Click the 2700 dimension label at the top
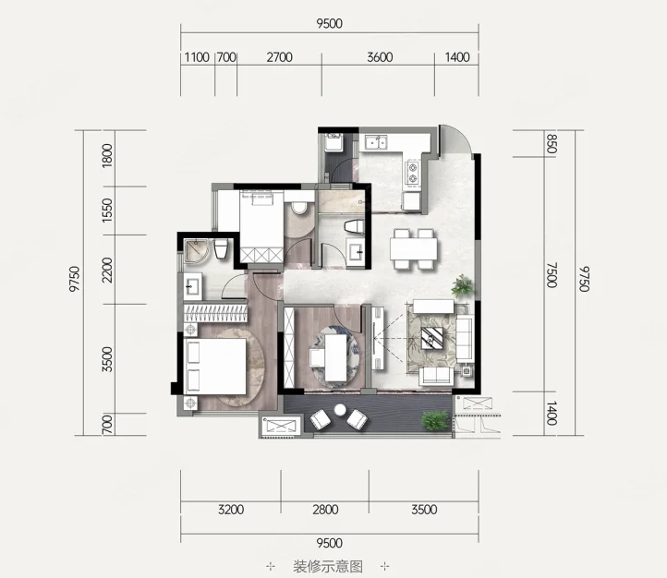click(280, 57)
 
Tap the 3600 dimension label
click(380, 57)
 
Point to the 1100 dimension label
click(197, 57)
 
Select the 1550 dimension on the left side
click(107, 210)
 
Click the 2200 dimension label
click(107, 270)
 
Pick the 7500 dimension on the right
click(552, 275)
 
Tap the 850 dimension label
click(552, 144)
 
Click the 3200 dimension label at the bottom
click(231, 509)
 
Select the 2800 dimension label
click(325, 509)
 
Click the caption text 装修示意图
click(328, 566)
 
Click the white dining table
click(414, 248)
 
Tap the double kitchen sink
click(377, 142)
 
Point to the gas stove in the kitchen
click(413, 173)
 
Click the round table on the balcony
click(340, 410)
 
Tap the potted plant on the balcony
click(436, 420)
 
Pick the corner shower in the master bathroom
click(196, 251)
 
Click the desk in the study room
click(336, 357)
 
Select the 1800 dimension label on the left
click(107, 155)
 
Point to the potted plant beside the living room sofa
click(463, 285)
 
